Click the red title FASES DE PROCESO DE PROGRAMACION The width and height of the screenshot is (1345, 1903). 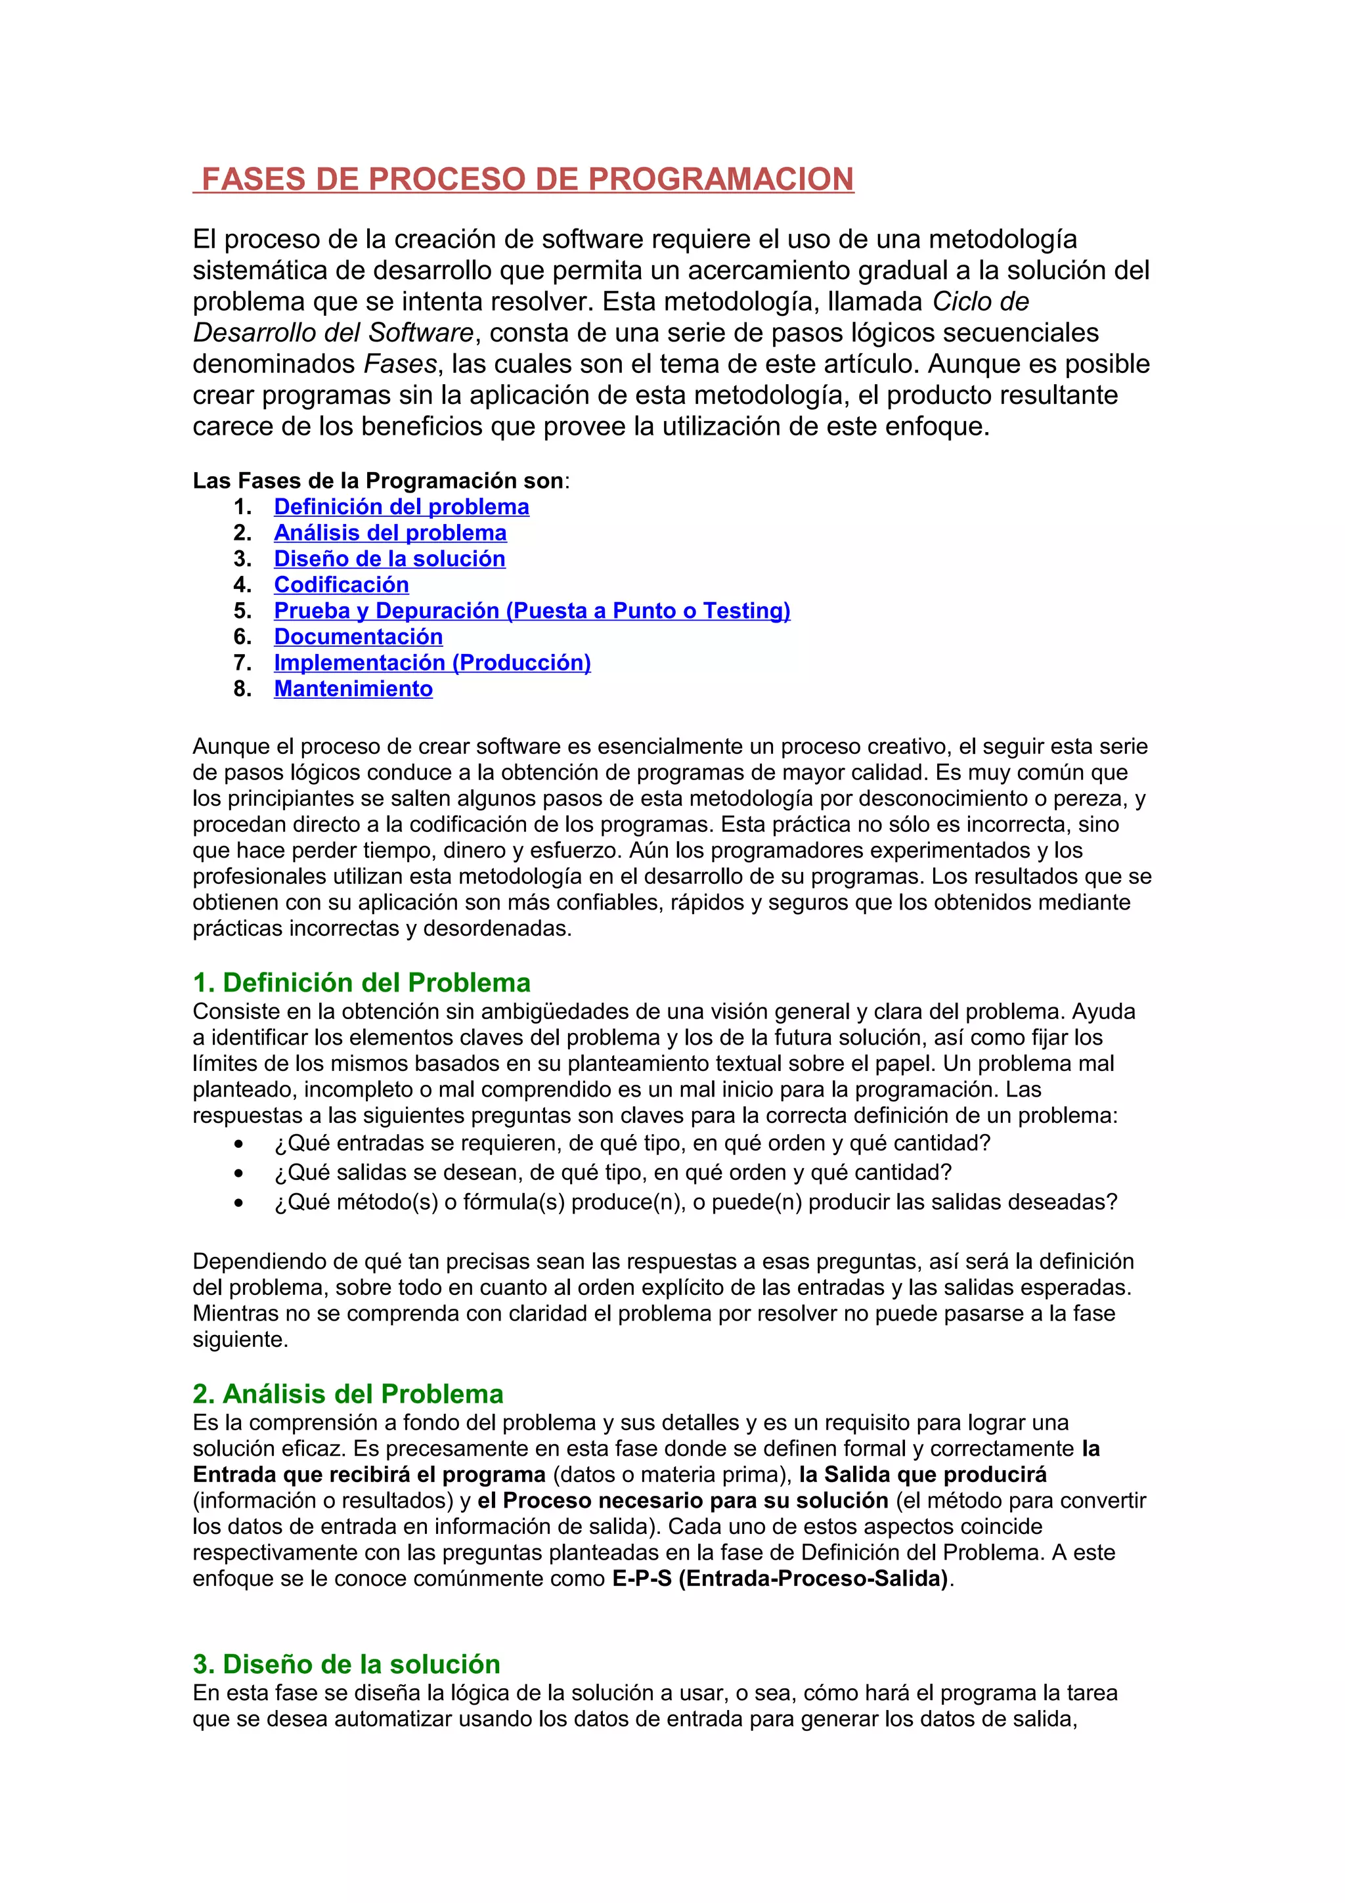[x=527, y=179]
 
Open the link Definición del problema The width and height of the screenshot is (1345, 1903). [x=401, y=506]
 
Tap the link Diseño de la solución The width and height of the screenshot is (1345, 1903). [x=389, y=559]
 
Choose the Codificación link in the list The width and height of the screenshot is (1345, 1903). [x=342, y=584]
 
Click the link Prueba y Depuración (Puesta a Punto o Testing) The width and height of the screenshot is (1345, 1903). [x=532, y=610]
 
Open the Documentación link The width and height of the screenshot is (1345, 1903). [x=358, y=636]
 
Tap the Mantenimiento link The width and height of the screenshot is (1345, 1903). [x=353, y=689]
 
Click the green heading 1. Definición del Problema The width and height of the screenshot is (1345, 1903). [x=361, y=982]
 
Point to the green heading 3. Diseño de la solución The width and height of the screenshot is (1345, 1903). [x=346, y=1663]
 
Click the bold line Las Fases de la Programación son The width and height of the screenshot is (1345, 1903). [x=380, y=481]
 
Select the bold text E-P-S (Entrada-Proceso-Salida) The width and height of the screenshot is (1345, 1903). [x=780, y=1578]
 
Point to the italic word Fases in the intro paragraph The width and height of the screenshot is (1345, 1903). [x=399, y=364]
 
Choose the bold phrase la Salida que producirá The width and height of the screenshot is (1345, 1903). [x=922, y=1474]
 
